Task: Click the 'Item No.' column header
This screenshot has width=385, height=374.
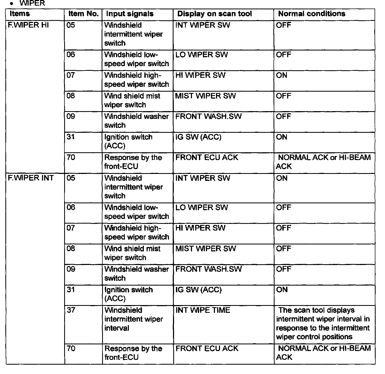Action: [83, 14]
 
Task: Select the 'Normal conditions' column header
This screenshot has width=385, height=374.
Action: [312, 14]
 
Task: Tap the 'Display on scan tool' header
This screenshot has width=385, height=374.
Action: [214, 14]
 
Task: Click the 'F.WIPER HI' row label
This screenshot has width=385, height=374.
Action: [28, 25]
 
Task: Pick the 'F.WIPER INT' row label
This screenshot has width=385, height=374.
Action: [31, 178]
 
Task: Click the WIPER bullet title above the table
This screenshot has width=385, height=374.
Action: [32, 4]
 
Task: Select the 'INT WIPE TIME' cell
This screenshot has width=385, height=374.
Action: [203, 310]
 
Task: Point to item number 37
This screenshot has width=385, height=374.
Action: [71, 310]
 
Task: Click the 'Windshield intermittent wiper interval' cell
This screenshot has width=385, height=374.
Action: [134, 319]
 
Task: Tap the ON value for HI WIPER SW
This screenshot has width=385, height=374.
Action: [282, 75]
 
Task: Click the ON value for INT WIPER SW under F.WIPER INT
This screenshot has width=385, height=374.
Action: [282, 178]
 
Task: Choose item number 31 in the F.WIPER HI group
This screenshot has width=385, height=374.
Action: [71, 137]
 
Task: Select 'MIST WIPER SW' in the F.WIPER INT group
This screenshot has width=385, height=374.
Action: [206, 249]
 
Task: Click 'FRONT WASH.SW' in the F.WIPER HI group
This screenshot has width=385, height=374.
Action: [208, 116]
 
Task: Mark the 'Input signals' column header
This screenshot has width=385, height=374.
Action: [130, 14]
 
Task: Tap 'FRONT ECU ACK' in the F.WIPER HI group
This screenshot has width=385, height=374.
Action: [207, 158]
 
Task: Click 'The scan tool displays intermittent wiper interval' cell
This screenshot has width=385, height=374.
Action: [323, 323]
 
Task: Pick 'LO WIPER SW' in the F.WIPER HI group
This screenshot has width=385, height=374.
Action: [202, 55]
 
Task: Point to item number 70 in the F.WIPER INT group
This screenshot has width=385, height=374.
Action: [71, 348]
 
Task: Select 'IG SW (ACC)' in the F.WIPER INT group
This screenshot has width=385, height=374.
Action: [198, 290]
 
